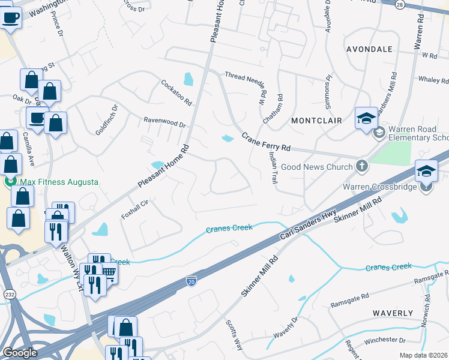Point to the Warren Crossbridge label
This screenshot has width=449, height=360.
click(x=380, y=187)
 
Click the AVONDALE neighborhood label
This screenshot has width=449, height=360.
click(x=369, y=49)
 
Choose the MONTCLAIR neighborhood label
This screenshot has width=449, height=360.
click(x=316, y=121)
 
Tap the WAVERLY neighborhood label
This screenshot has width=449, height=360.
click(x=393, y=313)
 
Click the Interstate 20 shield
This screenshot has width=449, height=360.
click(x=191, y=280)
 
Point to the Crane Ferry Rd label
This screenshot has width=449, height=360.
click(x=266, y=142)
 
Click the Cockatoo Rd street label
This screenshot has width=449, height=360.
click(x=176, y=92)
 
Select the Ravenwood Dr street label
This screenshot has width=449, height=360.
click(x=164, y=122)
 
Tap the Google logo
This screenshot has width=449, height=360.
click(x=20, y=353)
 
